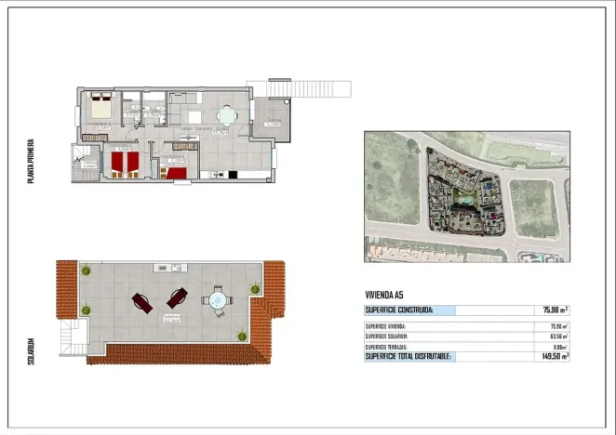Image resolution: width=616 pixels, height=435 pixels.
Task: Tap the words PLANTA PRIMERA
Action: [x=32, y=161]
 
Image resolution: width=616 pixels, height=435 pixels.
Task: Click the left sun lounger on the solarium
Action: [x=143, y=302]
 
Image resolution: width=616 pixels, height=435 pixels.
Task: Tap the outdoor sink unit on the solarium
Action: [x=174, y=268]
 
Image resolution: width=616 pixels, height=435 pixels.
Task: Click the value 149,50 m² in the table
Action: [x=555, y=356]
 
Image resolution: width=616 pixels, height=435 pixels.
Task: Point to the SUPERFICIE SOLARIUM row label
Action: [x=392, y=336]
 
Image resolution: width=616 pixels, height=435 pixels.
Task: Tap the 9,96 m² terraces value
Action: [x=557, y=346]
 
